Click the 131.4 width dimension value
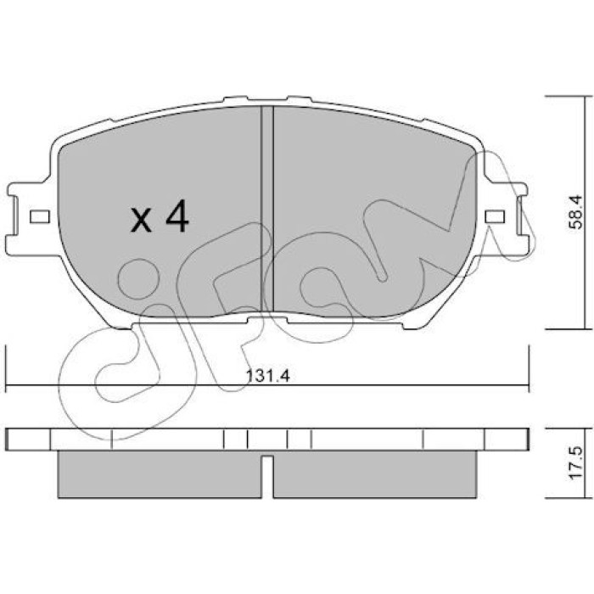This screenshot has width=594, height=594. click(268, 376)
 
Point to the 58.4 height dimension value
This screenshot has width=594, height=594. click(575, 212)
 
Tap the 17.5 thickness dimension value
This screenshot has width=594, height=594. click(575, 463)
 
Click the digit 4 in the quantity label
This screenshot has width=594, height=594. click(177, 216)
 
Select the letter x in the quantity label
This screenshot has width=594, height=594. click(141, 220)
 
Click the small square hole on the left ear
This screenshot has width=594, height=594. click(40, 216)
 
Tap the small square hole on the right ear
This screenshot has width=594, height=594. click(495, 216)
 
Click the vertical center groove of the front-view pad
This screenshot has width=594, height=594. click(267, 209)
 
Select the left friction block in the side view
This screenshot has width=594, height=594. click(160, 474)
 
